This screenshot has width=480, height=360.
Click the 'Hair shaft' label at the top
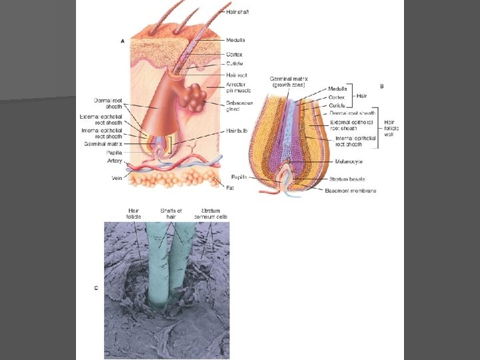(238, 11)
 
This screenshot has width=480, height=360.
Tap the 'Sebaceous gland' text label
(239, 107)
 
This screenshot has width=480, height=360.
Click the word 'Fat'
(230, 188)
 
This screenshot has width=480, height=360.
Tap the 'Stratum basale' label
(347, 179)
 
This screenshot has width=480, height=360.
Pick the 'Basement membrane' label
(351, 191)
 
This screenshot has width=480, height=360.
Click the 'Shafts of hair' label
(171, 214)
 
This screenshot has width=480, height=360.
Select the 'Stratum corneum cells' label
(211, 214)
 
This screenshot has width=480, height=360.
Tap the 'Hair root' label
(236, 75)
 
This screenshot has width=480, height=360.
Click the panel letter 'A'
(122, 41)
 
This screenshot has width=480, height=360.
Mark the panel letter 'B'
(381, 86)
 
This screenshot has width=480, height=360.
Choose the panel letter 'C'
(96, 288)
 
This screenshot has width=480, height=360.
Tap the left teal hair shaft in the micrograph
(158, 267)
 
